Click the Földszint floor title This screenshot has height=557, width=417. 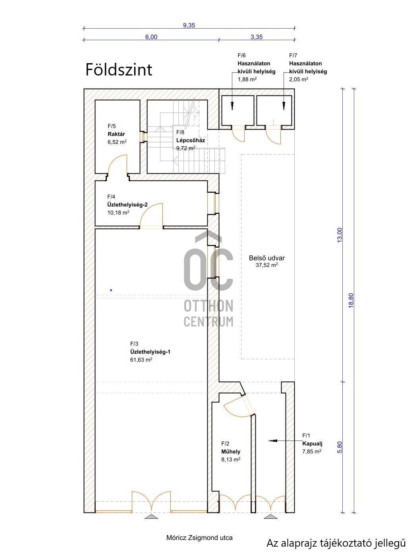coord(119,70)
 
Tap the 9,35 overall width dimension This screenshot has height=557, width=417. coord(189,25)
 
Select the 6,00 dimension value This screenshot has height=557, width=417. coord(151,37)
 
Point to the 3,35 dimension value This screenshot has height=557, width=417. coord(257,37)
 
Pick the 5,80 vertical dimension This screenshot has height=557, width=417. coord(339,446)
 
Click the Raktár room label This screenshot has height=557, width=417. coord(116,134)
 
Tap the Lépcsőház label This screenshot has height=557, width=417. coord(191,140)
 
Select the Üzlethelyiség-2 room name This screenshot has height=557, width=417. coord(127,204)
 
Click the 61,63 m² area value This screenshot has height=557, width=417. coord(141,360)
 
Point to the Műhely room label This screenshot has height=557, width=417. coord(231,452)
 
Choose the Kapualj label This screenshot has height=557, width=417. coord(312,443)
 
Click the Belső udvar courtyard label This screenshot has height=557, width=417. coord(267,258)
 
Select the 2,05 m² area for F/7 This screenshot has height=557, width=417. coord(299,79)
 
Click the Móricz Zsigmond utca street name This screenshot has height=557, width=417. coord(199,538)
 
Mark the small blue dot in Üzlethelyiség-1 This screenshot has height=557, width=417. coord(111,290)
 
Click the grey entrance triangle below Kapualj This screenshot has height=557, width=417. coord(271,516)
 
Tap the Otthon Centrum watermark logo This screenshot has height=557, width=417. coord(208,278)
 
